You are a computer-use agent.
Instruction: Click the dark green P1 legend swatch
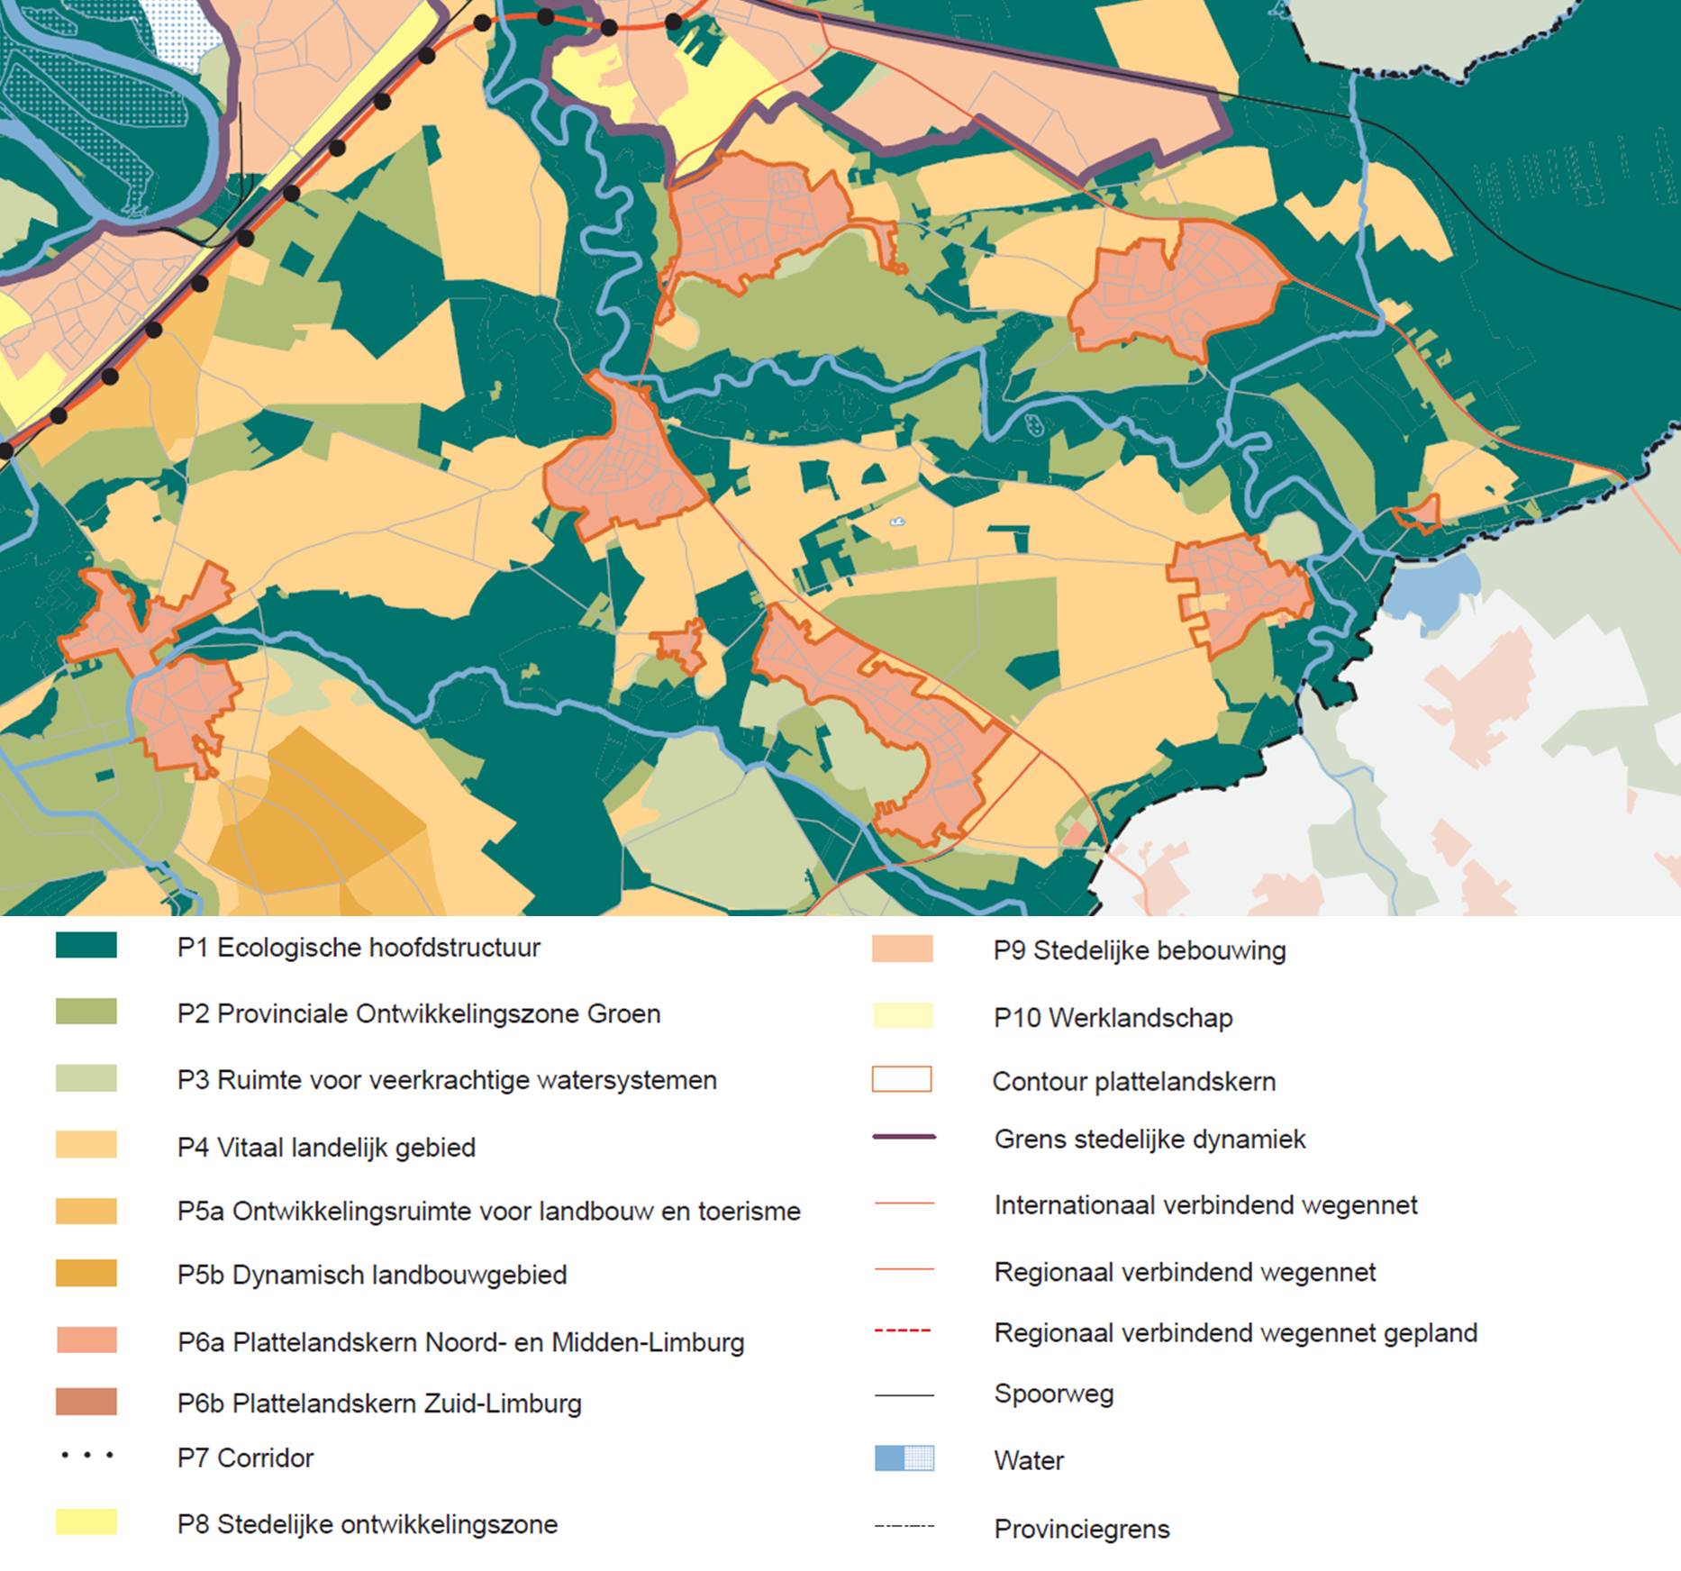[86, 945]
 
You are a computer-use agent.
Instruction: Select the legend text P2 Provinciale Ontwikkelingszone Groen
[418, 1013]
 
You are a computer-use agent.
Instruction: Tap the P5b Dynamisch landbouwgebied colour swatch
[86, 1273]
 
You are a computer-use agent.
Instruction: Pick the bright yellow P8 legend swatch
[86, 1522]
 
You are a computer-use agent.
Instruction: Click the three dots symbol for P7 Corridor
[86, 1455]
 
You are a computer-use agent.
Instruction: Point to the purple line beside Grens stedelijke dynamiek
[904, 1138]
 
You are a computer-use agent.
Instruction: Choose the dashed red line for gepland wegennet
[903, 1330]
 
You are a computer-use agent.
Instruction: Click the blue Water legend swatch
[904, 1458]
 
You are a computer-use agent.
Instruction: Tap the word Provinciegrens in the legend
[1081, 1529]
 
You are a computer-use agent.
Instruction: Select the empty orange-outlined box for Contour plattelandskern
[902, 1079]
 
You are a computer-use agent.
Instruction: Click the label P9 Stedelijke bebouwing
[1139, 950]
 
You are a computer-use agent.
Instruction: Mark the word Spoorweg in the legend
[1053, 1394]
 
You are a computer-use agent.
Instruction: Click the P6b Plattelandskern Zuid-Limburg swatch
[86, 1402]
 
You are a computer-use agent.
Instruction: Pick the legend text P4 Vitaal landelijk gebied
[325, 1148]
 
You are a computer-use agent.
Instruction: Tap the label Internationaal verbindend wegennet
[1204, 1204]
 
